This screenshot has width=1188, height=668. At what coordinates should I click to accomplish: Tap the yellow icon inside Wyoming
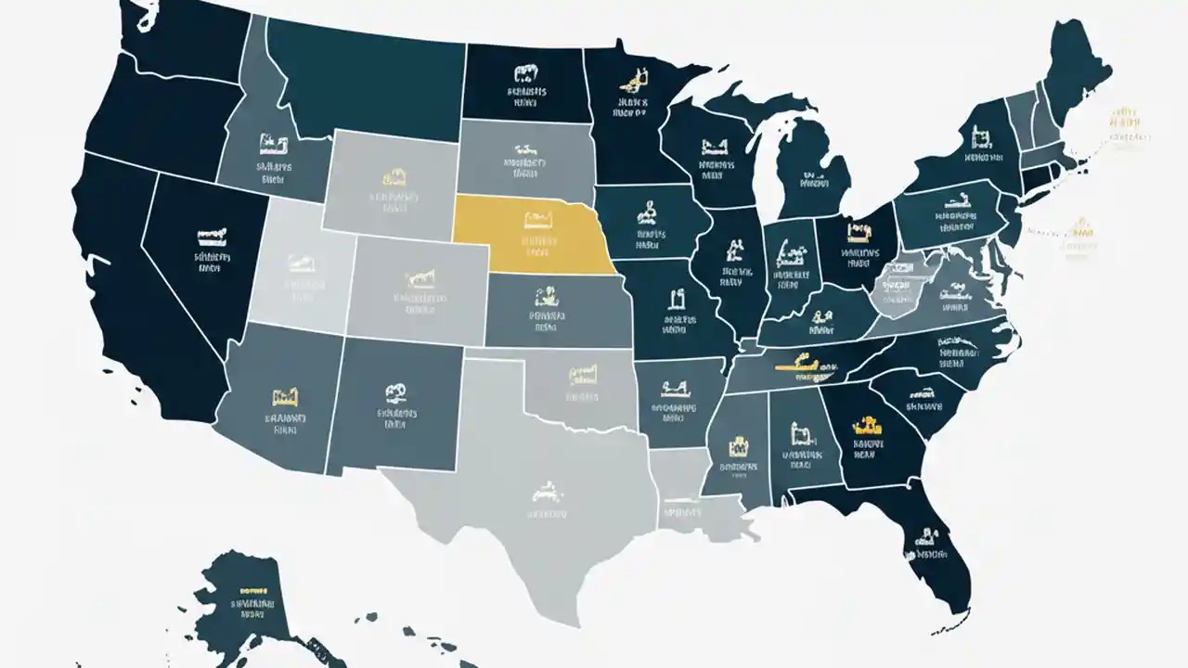394,177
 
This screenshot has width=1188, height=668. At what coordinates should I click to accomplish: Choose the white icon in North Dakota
526,72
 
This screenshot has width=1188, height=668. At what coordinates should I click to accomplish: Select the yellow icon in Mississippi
739,444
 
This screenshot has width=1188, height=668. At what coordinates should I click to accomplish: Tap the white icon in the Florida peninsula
927,536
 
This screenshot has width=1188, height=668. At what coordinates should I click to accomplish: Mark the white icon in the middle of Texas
547,489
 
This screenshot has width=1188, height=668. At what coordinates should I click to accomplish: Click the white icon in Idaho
273,145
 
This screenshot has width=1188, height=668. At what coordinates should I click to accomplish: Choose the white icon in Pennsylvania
955,200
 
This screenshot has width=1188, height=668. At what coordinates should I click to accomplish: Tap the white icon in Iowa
647,215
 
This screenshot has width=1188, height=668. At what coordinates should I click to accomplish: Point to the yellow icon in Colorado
420,277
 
